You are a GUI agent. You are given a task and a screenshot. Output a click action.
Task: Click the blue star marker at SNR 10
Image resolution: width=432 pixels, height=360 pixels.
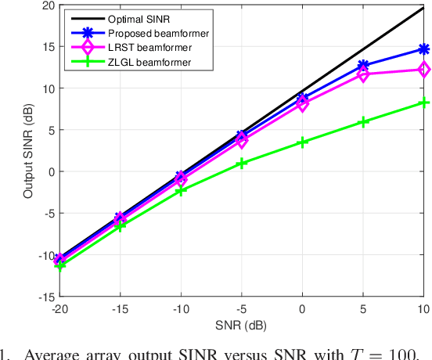pyautogui.click(x=424, y=49)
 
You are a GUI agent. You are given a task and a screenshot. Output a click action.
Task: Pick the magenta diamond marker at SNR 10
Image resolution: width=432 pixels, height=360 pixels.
pyautogui.click(x=424, y=70)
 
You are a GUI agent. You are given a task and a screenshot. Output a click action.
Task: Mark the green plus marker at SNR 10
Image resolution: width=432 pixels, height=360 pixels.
pyautogui.click(x=424, y=103)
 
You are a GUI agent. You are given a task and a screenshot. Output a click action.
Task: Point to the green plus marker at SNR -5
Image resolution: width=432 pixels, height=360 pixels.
pyautogui.click(x=242, y=164)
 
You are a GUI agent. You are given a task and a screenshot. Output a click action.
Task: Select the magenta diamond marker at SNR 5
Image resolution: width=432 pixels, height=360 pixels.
pyautogui.click(x=363, y=74)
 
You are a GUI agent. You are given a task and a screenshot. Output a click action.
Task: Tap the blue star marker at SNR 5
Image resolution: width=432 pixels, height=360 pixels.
pyautogui.click(x=363, y=66)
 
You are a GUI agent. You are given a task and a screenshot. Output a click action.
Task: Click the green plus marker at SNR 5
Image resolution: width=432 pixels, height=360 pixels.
pyautogui.click(x=363, y=122)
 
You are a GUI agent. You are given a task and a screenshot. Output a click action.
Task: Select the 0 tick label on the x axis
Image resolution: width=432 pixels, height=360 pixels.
pyautogui.click(x=303, y=310)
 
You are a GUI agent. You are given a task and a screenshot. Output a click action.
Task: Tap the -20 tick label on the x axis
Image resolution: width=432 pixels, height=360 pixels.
pyautogui.click(x=59, y=310)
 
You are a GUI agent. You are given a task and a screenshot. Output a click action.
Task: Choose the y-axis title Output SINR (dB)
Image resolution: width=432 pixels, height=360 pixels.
pyautogui.click(x=28, y=151)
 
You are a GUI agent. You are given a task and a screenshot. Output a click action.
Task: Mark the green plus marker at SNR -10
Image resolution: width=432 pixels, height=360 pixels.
pyautogui.click(x=181, y=191)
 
